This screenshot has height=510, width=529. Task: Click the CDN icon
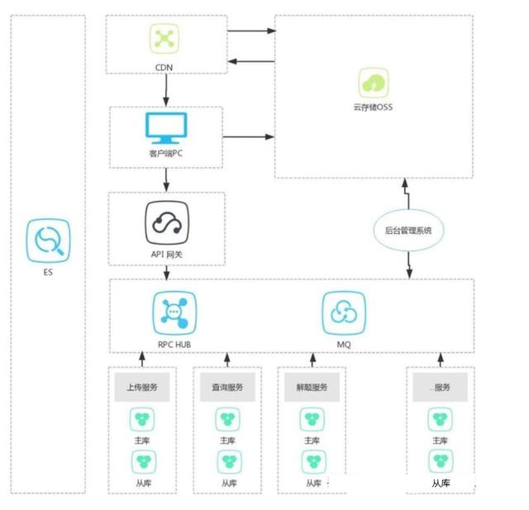165,37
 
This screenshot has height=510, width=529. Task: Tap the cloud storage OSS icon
374,83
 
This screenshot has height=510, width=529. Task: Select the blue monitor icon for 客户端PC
165,126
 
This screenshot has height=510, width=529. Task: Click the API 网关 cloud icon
165,222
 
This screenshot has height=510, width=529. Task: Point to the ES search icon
48,241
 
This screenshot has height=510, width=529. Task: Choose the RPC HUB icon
174,312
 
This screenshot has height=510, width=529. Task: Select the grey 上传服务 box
142,387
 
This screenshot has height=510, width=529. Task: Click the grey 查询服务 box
227,387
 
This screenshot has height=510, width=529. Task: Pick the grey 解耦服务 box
312,387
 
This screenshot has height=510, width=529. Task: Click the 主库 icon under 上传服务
142,419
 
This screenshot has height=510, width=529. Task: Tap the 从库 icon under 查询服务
227,461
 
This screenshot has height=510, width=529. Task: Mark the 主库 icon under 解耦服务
312,419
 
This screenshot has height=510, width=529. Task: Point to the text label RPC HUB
174,345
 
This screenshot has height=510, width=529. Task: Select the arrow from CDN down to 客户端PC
165,88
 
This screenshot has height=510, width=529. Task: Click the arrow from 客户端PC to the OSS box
248,136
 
